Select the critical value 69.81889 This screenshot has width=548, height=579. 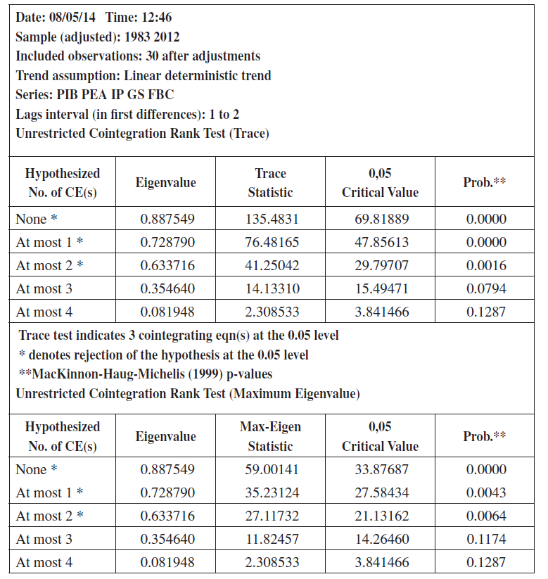(x=380, y=219)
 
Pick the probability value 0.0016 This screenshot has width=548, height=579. (x=486, y=265)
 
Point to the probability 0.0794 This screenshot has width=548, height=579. (x=486, y=288)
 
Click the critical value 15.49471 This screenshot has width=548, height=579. (x=380, y=288)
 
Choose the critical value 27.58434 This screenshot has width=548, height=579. (x=380, y=492)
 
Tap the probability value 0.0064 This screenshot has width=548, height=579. (x=486, y=516)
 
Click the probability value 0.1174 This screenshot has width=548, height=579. (x=486, y=539)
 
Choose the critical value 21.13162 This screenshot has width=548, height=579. (x=380, y=516)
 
